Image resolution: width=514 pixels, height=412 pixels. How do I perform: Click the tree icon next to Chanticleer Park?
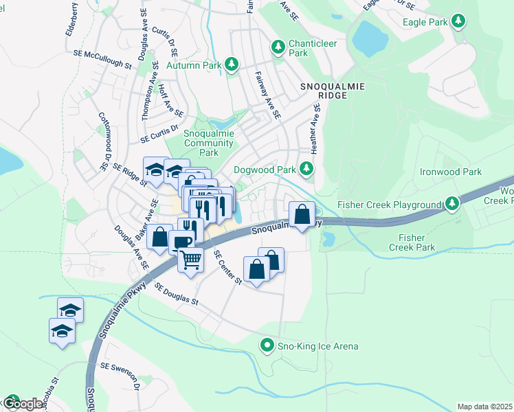[278, 47]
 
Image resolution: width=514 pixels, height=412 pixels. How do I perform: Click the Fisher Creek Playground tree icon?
[451, 204]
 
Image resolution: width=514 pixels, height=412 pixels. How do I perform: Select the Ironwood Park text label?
[451, 172]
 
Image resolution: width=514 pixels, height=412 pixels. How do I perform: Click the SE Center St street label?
[227, 268]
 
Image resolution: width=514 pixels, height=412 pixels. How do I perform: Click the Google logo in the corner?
[22, 404]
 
